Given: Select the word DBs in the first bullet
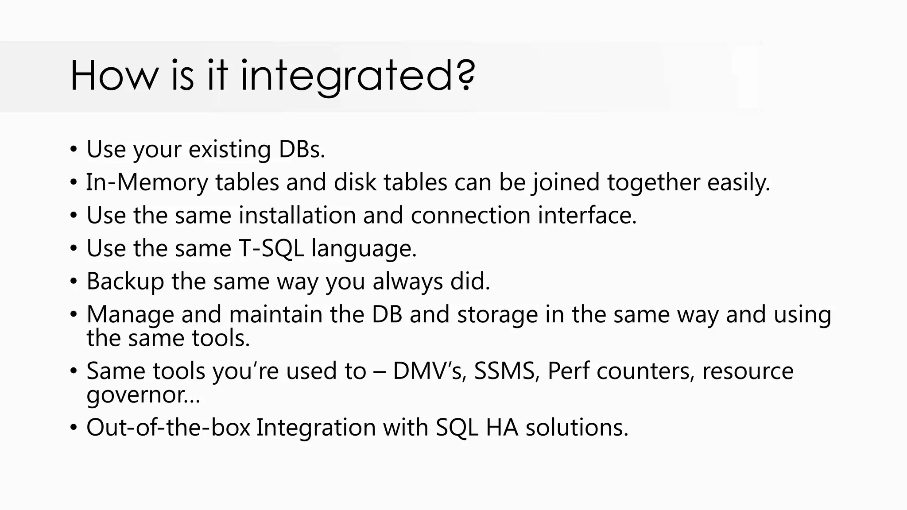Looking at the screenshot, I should [301, 149].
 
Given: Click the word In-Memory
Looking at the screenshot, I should [147, 182].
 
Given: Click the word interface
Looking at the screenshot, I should [587, 216].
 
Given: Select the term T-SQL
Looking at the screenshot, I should [271, 248].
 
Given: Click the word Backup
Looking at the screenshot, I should [125, 282].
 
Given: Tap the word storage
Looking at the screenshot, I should [497, 314].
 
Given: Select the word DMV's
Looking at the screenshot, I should [429, 371].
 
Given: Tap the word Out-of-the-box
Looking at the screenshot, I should [168, 428].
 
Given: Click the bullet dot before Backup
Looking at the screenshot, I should [74, 282].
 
